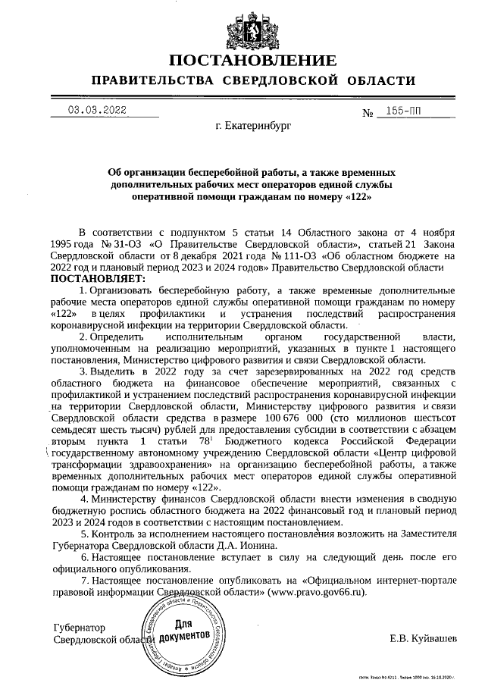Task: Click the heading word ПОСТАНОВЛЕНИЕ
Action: pos(251,60)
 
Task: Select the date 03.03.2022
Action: pos(97,110)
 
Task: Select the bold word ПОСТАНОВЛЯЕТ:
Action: pos(98,278)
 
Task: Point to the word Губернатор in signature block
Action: pos(79,628)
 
